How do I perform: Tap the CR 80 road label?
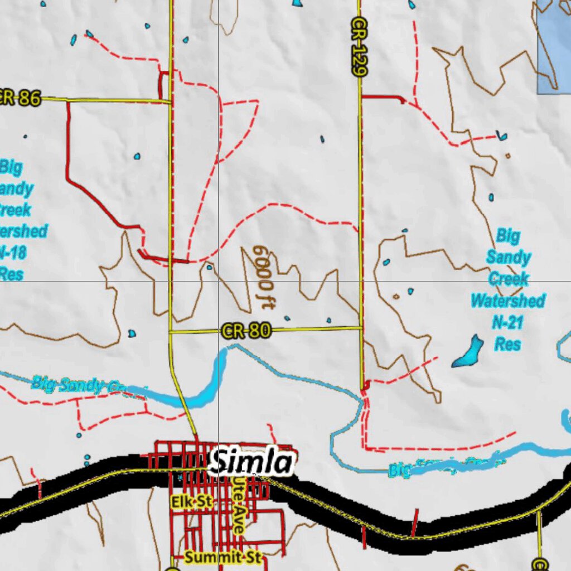pos(246,331)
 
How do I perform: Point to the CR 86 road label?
pos(20,99)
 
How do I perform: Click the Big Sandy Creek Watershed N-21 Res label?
pos(507,289)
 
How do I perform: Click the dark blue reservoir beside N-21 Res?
pos(468,352)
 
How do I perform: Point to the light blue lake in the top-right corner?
pos(554,45)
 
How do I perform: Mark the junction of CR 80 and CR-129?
pos(361,328)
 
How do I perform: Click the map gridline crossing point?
pos(218,281)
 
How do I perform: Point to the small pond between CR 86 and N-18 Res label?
pos(137,157)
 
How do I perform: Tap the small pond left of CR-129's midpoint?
pos(322,139)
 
